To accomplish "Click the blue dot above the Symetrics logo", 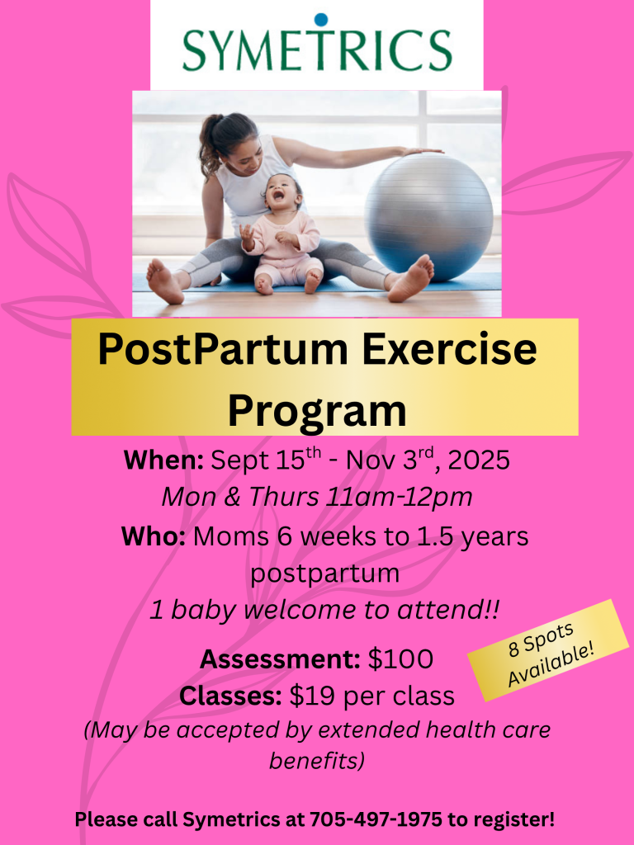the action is tap(321, 20).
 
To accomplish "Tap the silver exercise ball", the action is tap(428, 217).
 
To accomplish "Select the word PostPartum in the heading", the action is tap(223, 350).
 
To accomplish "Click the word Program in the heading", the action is tap(317, 412).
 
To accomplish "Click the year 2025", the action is tap(479, 460).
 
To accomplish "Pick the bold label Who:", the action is tap(154, 536).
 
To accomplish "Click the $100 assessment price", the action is tap(400, 659).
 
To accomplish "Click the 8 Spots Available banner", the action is tap(548, 650).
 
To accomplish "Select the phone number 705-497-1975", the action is tap(376, 819).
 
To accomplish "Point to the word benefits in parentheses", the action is tap(316, 761).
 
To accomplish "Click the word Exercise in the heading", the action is tap(450, 350).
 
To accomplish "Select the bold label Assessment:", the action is tap(280, 659).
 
